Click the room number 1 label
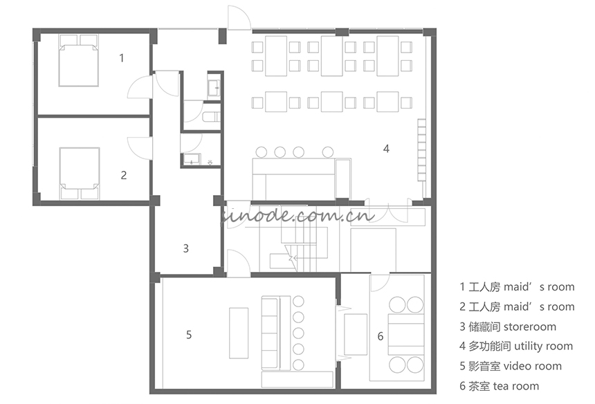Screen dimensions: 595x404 coord(122,58)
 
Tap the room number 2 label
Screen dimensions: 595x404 coord(124,175)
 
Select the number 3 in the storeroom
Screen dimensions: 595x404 coord(185,248)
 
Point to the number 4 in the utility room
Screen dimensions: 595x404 coord(386,149)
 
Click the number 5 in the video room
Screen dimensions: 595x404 coord(189,335)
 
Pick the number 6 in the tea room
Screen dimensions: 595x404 coord(381,336)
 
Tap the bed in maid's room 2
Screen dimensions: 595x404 coord(80,174)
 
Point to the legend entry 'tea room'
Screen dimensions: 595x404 coord(516,386)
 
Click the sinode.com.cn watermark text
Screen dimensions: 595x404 coord(297,216)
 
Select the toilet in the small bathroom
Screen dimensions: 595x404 coord(211,117)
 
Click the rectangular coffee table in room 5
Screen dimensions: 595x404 coord(239,333)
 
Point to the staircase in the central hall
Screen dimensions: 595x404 coord(304,246)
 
